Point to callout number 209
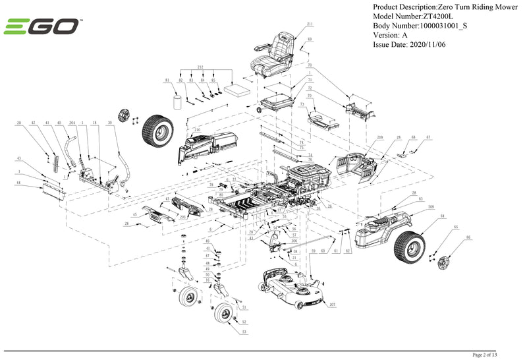point(379,137)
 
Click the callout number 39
point(110,123)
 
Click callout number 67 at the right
point(428,137)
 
